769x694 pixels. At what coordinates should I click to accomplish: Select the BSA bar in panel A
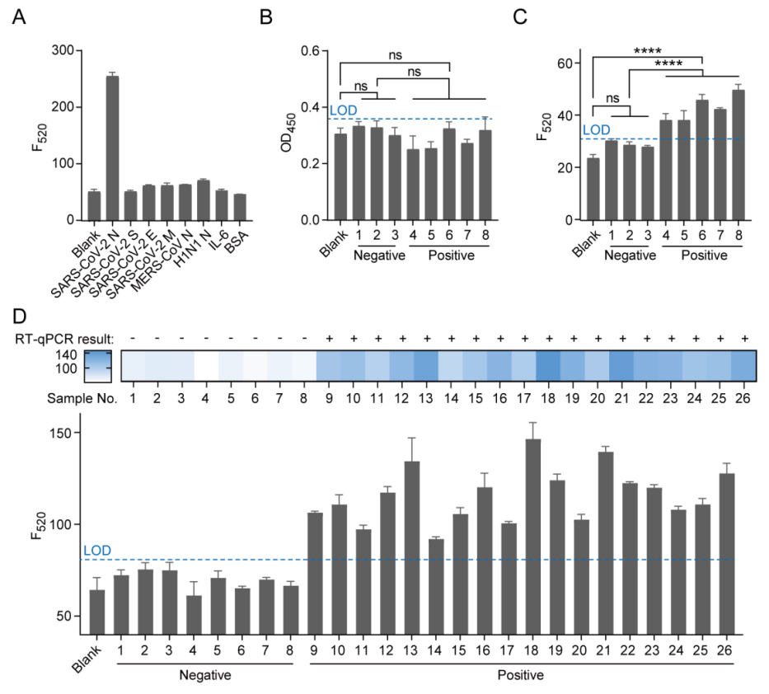coord(239,207)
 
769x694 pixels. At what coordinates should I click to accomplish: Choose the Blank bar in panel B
coord(340,176)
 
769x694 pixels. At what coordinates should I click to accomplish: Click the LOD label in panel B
coord(340,111)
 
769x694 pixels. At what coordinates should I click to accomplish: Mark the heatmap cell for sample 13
coord(425,363)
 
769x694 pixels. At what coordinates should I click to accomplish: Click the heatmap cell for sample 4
coord(206,363)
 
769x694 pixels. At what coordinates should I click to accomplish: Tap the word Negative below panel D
coord(206,676)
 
